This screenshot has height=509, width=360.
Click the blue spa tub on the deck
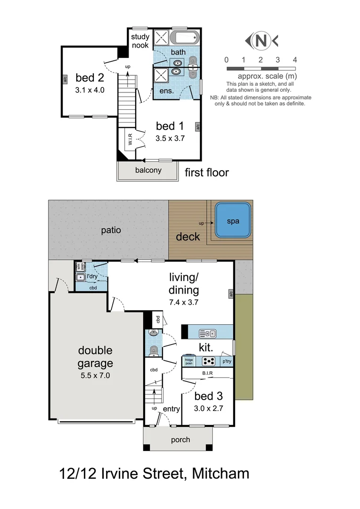[233, 221]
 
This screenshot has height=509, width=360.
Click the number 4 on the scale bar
[295, 60]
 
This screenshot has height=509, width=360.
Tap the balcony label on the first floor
[147, 170]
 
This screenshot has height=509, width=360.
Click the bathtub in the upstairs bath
[185, 37]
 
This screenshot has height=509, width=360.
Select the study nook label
[140, 41]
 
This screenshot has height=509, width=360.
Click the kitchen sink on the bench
[207, 334]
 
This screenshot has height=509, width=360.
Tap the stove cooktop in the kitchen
[209, 361]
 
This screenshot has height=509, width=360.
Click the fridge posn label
[189, 361]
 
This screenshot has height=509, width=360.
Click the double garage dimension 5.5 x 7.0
[96, 376]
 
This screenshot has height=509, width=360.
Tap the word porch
[180, 440]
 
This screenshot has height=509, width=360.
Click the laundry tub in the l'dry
[80, 278]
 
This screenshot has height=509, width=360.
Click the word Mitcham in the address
[221, 473]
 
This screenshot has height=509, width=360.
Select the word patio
[111, 230]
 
